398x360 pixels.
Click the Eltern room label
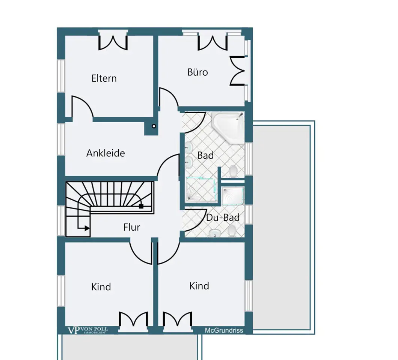[x=104, y=78]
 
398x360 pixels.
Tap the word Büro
[x=197, y=72]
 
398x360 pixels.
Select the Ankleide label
[x=106, y=153]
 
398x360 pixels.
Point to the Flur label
[x=131, y=227]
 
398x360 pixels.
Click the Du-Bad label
[x=223, y=217]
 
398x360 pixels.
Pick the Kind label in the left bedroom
[x=101, y=287]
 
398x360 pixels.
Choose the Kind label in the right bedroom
[x=199, y=286]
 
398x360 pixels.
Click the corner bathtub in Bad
[x=228, y=127]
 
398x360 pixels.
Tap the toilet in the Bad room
[x=233, y=171]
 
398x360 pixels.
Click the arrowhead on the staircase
[x=87, y=228]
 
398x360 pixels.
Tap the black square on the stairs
[x=141, y=206]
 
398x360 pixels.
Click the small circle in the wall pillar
[x=154, y=126]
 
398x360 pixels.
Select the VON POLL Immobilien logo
[x=87, y=330]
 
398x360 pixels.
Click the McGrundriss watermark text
[x=224, y=330]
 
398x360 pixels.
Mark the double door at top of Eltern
[x=113, y=42]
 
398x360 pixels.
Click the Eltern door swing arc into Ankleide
[x=83, y=106]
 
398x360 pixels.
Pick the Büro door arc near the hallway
[x=169, y=97]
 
